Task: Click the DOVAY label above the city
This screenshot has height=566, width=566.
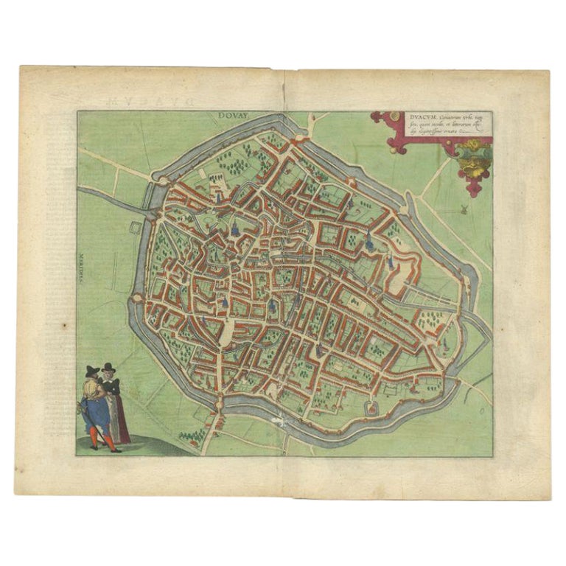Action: [x=233, y=116]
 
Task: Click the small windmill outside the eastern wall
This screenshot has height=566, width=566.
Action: [x=464, y=209]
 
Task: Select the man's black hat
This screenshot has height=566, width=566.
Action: [x=93, y=370]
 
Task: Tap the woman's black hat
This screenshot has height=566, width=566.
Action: [x=109, y=367]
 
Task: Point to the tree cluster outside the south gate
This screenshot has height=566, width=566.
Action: [x=191, y=437]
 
